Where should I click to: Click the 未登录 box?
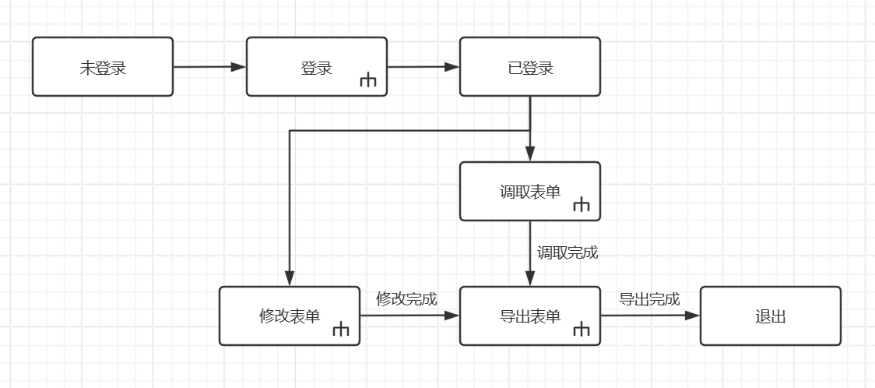(x=103, y=67)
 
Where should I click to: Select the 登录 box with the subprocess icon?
(x=317, y=67)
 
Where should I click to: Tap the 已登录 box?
(x=530, y=67)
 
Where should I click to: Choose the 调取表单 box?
(x=530, y=192)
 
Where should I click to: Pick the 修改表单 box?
(x=290, y=316)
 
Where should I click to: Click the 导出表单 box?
(x=530, y=316)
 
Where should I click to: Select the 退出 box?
(x=771, y=316)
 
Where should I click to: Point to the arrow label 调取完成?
(x=568, y=253)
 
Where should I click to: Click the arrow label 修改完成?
(x=406, y=299)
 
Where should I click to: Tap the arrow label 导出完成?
(x=649, y=299)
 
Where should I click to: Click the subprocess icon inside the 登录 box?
(x=367, y=81)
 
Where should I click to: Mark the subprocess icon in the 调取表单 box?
(x=582, y=205)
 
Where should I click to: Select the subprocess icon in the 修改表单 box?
(x=341, y=330)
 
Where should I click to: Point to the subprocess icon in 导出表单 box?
(x=582, y=330)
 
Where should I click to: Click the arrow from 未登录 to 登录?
(x=210, y=67)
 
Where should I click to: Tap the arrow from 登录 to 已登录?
(x=423, y=67)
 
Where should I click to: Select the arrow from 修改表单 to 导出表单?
(x=409, y=316)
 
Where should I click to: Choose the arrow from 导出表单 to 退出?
(x=650, y=316)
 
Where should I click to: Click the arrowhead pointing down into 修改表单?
(x=290, y=279)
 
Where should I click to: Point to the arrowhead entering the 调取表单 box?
(x=530, y=154)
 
